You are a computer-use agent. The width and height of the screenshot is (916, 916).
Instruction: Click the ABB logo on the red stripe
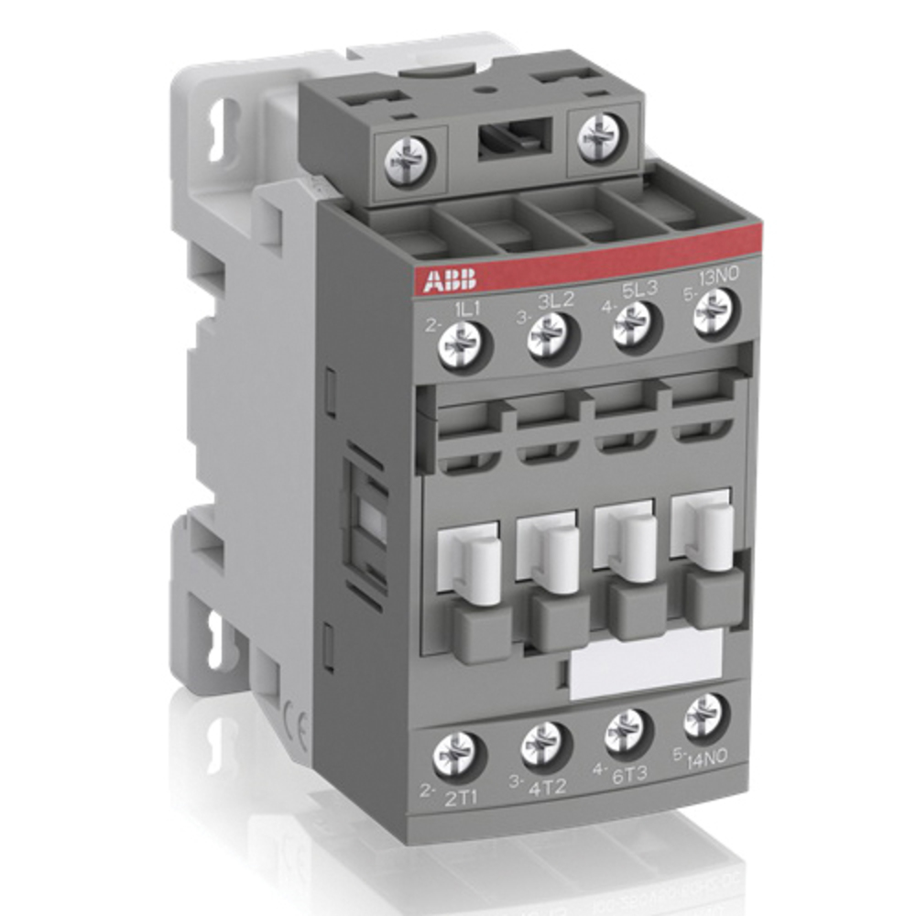[445, 280]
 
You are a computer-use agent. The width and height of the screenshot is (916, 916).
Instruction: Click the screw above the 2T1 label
[455, 755]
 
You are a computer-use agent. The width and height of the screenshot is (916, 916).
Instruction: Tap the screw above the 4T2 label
[545, 745]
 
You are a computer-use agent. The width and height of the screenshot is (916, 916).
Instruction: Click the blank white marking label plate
[646, 663]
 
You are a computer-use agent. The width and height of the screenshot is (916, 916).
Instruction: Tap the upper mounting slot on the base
[220, 132]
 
